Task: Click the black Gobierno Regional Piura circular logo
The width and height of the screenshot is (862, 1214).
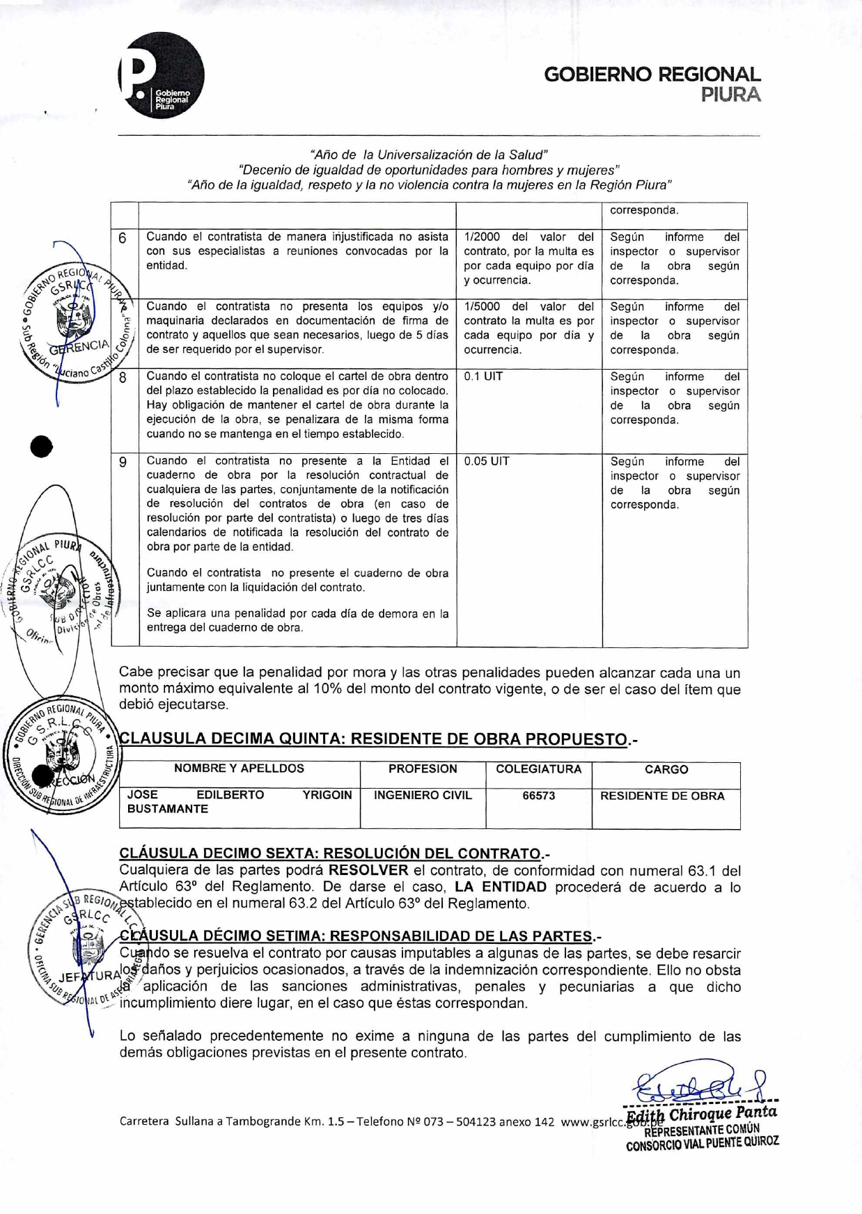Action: (x=162, y=75)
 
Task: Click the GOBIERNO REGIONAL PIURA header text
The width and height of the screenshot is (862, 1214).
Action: (x=652, y=84)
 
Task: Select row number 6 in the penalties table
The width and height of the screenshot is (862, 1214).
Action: (x=123, y=238)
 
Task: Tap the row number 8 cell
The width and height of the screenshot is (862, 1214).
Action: (x=123, y=377)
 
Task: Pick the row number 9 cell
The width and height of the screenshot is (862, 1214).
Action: (x=123, y=462)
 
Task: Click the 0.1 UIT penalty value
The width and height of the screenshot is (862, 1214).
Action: (x=483, y=377)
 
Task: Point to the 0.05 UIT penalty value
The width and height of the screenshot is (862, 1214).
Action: (x=486, y=461)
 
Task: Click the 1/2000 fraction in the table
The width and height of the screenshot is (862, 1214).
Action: (x=482, y=237)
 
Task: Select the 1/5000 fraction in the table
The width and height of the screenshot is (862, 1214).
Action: (x=482, y=306)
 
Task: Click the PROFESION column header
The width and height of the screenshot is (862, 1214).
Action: (x=423, y=769)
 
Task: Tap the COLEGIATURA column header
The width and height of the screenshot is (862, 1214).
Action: (x=538, y=769)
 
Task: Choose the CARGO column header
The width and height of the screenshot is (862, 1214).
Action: (x=666, y=769)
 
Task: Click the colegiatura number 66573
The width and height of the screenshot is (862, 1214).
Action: (x=538, y=796)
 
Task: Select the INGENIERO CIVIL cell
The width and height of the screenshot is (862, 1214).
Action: (x=423, y=796)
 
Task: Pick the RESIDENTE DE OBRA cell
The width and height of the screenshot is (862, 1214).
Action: (x=662, y=796)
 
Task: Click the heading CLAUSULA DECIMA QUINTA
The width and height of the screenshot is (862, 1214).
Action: (x=373, y=739)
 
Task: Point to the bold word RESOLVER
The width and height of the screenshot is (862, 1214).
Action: (x=368, y=871)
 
